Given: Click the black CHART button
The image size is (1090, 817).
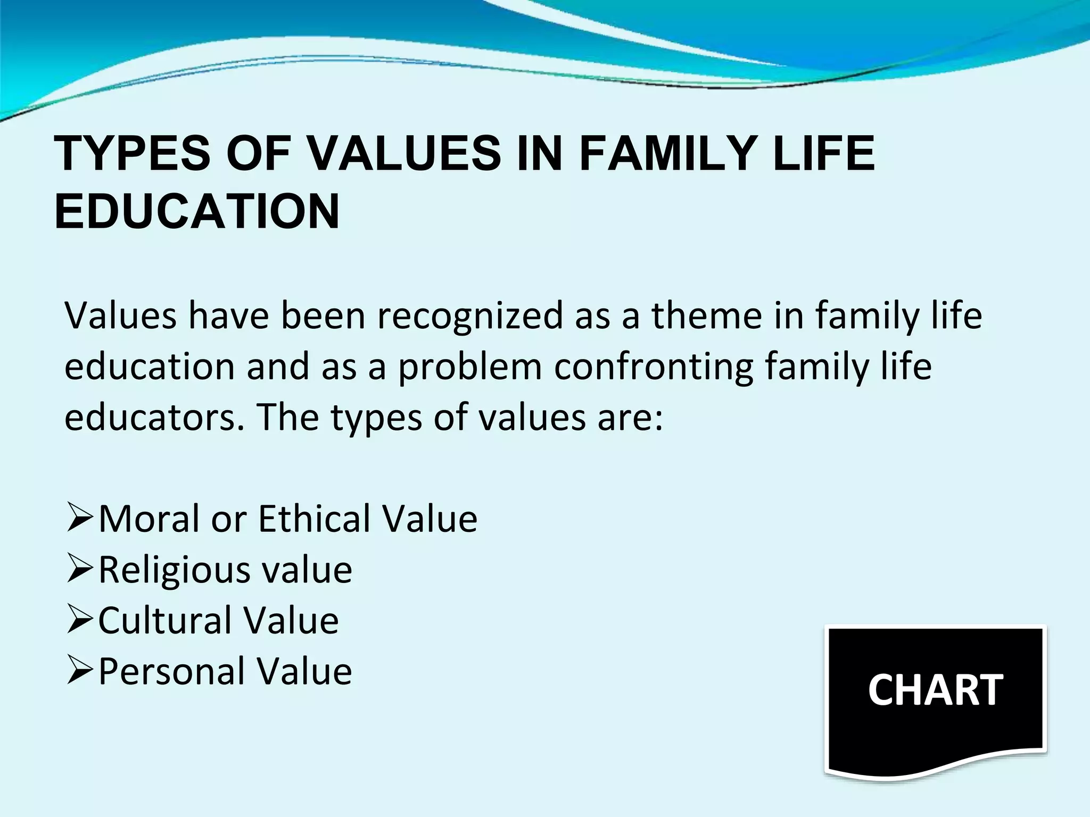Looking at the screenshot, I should tap(935, 697).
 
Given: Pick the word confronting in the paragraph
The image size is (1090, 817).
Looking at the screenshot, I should tap(654, 368).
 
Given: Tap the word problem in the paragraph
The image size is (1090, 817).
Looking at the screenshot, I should tap(469, 368).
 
